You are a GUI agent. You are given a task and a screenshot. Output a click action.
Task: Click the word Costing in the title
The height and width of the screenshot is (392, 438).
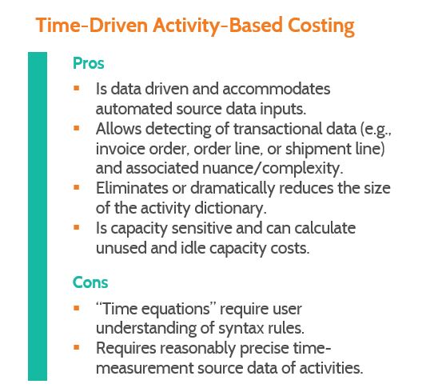pyautogui.click(x=321, y=26)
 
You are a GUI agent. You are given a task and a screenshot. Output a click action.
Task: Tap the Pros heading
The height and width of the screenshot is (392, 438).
pyautogui.click(x=88, y=63)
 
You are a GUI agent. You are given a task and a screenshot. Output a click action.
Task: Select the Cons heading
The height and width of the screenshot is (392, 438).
pyautogui.click(x=90, y=282)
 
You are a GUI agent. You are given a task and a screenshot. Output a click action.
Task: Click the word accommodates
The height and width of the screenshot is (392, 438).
pyautogui.click(x=277, y=89)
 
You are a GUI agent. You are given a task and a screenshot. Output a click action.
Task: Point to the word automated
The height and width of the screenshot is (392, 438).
pyautogui.click(x=133, y=109)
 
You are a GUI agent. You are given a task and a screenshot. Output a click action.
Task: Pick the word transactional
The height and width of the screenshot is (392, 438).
pyautogui.click(x=295, y=129)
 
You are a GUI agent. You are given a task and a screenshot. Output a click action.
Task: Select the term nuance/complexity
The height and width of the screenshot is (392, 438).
pyautogui.click(x=273, y=169)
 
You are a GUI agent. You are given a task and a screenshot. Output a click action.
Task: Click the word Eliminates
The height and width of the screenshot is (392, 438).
pyautogui.click(x=132, y=188)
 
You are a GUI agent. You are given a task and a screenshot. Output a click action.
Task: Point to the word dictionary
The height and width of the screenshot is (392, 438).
pyautogui.click(x=230, y=209)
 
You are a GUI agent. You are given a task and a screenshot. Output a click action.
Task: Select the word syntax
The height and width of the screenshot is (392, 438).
pyautogui.click(x=241, y=328)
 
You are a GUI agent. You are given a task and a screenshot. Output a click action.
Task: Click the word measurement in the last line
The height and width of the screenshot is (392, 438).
pyautogui.click(x=145, y=368)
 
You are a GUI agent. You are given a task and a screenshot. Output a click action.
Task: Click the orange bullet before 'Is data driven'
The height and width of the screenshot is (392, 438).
pyautogui.click(x=76, y=88)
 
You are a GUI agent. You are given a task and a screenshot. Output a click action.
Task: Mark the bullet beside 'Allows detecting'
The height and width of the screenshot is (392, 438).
pyautogui.click(x=76, y=128)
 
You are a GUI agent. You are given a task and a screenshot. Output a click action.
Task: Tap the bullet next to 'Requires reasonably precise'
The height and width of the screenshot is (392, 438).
pyautogui.click(x=76, y=347)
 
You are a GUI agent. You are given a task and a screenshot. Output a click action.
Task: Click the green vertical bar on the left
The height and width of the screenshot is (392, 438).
pyautogui.click(x=38, y=216)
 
